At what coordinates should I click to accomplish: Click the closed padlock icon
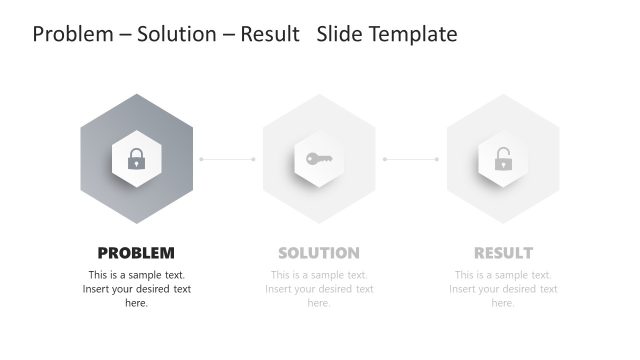[x=136, y=159]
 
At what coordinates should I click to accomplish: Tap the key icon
[x=319, y=158]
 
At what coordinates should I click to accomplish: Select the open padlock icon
[x=503, y=159]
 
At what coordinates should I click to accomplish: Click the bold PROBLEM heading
[x=136, y=253]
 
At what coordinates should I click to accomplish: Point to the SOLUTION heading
[x=319, y=253]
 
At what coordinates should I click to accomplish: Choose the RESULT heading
[x=503, y=253]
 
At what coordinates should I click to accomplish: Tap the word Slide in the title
[x=340, y=35]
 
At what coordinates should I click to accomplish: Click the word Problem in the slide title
[x=72, y=35]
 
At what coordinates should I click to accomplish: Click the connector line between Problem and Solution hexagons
[x=228, y=159]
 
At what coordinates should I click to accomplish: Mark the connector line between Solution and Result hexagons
[x=411, y=159]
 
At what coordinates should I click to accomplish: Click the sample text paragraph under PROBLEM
[x=136, y=289]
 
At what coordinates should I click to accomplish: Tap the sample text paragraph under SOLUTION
[x=319, y=289]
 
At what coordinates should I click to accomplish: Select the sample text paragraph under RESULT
[x=503, y=289]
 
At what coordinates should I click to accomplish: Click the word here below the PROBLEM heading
[x=136, y=303]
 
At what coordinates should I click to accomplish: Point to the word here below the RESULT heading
[x=503, y=303]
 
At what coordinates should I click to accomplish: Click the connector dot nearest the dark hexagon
[x=201, y=159]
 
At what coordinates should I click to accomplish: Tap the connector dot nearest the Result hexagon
[x=437, y=159]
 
